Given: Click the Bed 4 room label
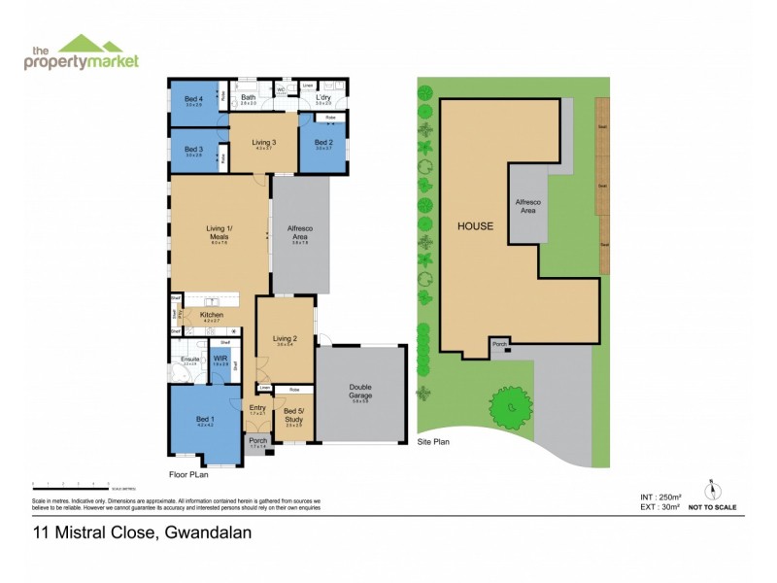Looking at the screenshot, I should (193, 98).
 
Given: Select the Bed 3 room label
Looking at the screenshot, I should (193, 150).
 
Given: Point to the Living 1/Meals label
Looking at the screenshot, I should (220, 233).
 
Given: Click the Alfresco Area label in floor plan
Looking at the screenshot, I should (300, 233).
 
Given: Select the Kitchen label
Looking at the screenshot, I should (212, 315).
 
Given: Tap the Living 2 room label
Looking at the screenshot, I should (284, 339).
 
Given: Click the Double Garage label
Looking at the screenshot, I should (359, 393).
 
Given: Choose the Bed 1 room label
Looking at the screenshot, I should (204, 421).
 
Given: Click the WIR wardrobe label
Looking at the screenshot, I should (220, 359).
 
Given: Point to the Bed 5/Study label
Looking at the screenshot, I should (293, 416).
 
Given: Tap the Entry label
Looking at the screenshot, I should (257, 408).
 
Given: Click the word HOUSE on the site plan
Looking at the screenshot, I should (476, 225).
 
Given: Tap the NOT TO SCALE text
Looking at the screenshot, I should (712, 507).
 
